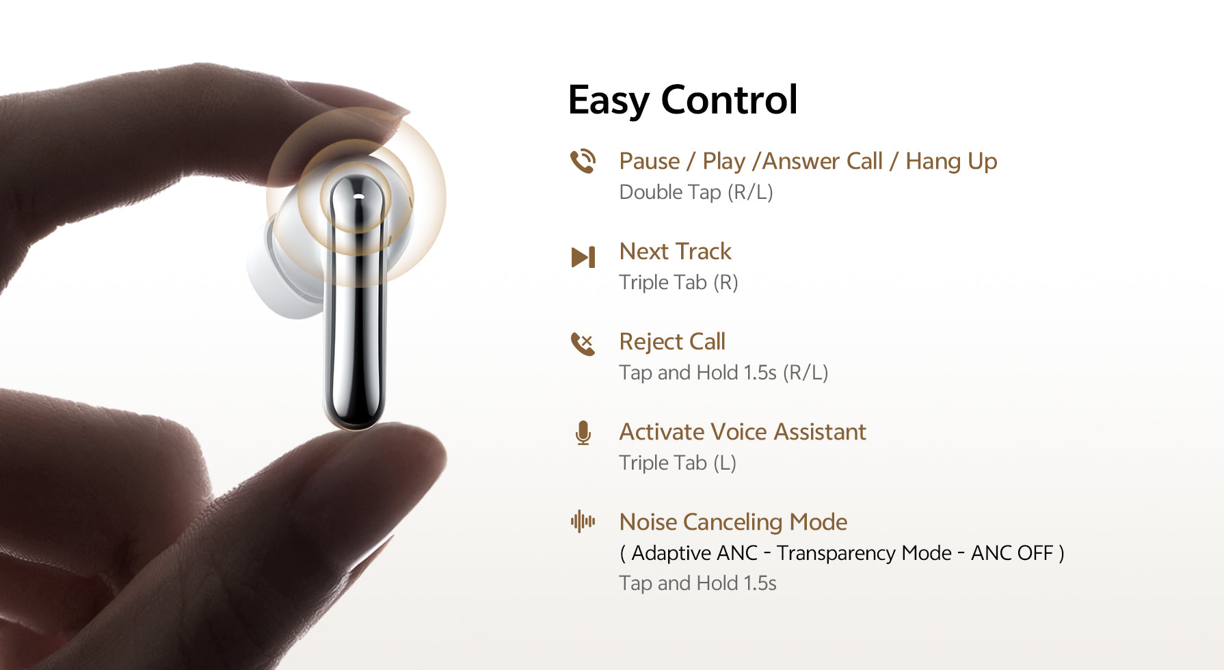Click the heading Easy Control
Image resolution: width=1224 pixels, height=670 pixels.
[x=682, y=100]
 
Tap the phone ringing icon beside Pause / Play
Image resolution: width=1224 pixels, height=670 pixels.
[x=583, y=161]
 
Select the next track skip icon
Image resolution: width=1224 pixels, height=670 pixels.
[x=583, y=257]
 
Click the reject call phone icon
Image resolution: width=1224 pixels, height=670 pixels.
[x=583, y=343]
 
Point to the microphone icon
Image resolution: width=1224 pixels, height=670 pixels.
[x=583, y=433]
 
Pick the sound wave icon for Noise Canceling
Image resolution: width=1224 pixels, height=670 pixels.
[x=583, y=522]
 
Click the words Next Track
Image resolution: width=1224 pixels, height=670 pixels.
[x=675, y=252]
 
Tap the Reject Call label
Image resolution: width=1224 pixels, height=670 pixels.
[x=671, y=342]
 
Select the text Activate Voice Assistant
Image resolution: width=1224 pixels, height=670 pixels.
[x=742, y=432]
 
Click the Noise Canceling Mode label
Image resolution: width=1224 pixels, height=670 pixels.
[x=732, y=522]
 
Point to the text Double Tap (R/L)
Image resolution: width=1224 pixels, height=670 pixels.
[x=695, y=192]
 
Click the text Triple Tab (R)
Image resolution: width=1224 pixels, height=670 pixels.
[x=678, y=282]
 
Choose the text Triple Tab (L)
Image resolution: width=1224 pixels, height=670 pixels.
[x=677, y=463]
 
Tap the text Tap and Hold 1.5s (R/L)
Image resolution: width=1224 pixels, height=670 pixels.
[x=723, y=373]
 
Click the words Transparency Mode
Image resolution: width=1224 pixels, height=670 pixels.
[x=864, y=553]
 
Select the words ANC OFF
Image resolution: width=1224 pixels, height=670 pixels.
[x=1011, y=553]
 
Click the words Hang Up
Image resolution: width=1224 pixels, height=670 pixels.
[x=950, y=161]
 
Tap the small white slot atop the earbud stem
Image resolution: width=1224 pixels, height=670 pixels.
[x=358, y=196]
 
